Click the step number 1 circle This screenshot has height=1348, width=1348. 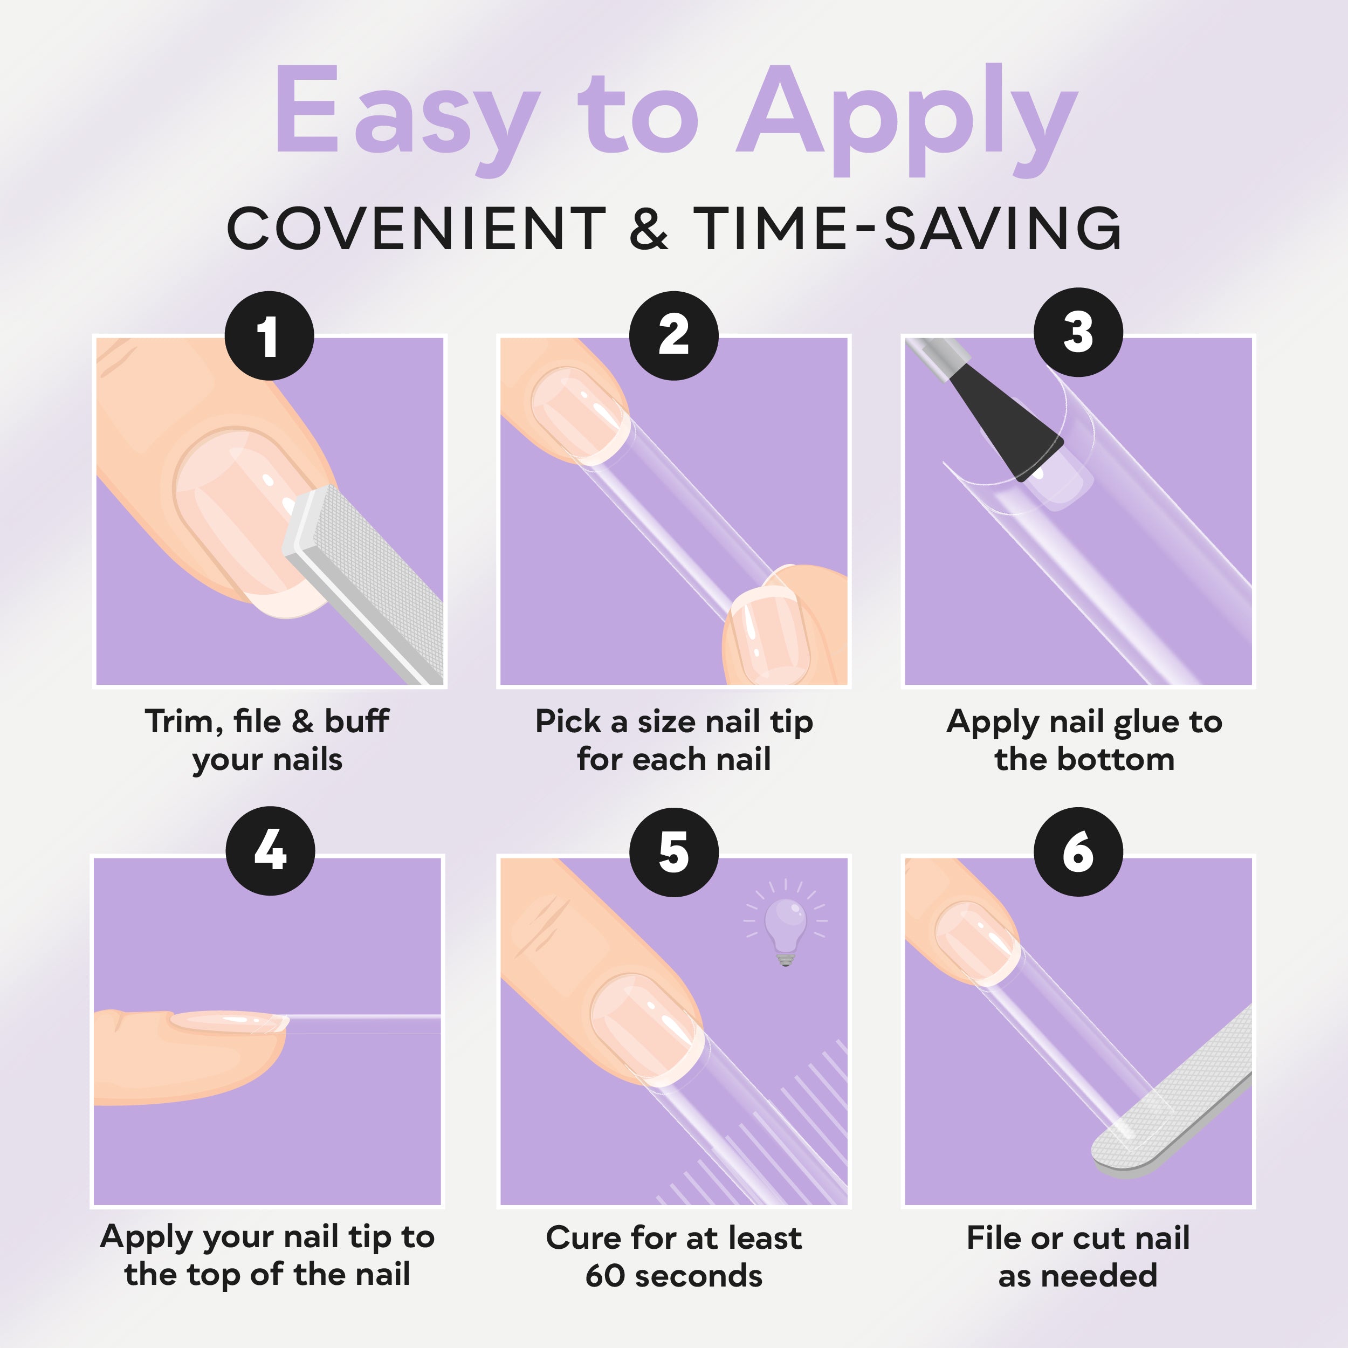(x=269, y=335)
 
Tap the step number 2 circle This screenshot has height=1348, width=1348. (x=673, y=335)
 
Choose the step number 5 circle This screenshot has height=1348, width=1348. (x=673, y=852)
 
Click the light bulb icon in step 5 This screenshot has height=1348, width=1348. (x=786, y=923)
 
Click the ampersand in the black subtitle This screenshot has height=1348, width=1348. (x=648, y=228)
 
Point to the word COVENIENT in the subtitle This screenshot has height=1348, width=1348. (x=417, y=228)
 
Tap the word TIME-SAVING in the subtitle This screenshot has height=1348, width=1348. (x=907, y=228)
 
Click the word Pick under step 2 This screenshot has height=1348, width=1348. (x=567, y=721)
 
